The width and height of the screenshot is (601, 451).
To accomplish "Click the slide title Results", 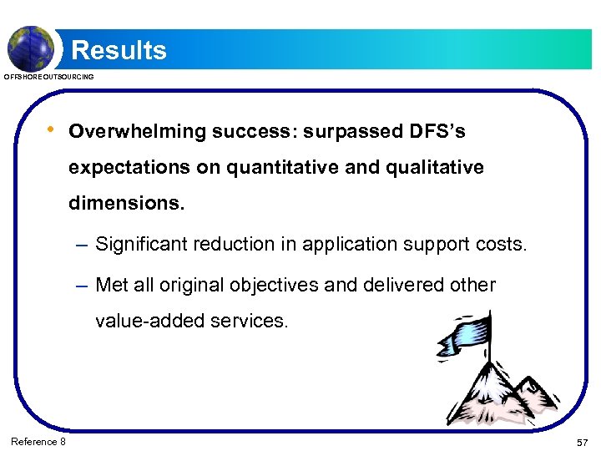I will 119,50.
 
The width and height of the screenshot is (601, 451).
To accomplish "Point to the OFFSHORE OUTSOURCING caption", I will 49,77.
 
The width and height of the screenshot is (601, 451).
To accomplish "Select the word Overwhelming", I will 138,132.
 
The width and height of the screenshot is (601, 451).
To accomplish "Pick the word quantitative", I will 280,167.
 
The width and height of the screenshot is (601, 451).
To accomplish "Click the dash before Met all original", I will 80,286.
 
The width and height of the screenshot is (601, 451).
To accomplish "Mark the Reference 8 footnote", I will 38,441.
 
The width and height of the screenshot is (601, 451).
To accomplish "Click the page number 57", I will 582,441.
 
